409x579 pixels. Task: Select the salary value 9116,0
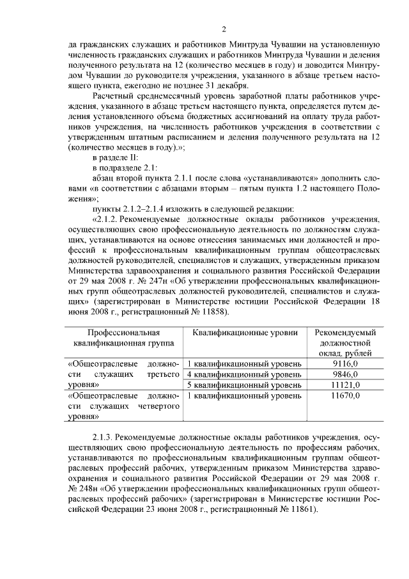345,363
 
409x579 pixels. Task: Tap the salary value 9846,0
345,374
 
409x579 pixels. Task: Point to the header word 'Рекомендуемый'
345,333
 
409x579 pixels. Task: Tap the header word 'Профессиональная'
123,333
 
